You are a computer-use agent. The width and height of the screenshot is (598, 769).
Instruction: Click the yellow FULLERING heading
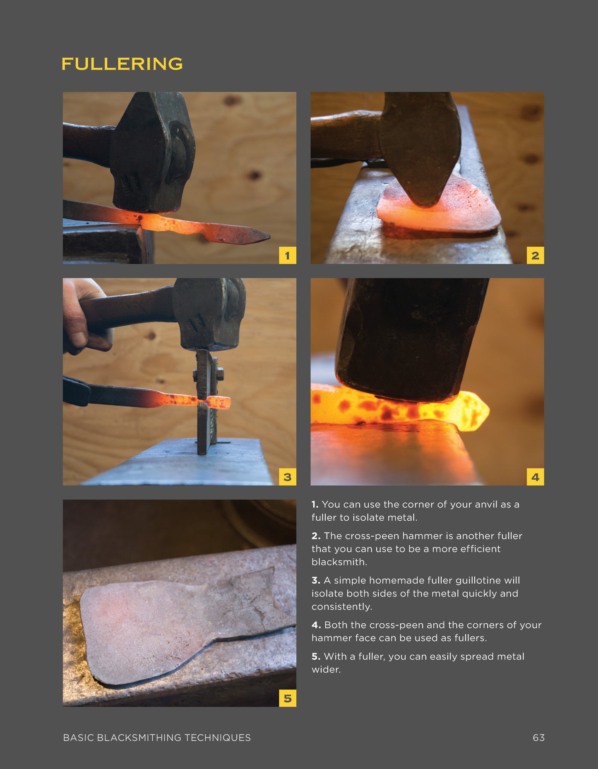pos(122,64)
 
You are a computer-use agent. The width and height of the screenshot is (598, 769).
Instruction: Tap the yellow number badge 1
pos(287,255)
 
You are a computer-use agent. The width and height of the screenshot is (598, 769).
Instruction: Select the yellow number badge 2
pos(535,255)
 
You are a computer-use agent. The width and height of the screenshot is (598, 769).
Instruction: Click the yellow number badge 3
pos(287,477)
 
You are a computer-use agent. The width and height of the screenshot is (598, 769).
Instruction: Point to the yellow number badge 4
pos(535,477)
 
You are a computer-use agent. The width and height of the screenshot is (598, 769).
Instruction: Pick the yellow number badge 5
pos(287,698)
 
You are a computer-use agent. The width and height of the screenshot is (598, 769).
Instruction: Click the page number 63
pos(538,738)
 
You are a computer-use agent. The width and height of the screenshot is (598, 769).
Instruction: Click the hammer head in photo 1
pos(151,153)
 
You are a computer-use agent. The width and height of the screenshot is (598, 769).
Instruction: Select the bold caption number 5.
pos(316,656)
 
